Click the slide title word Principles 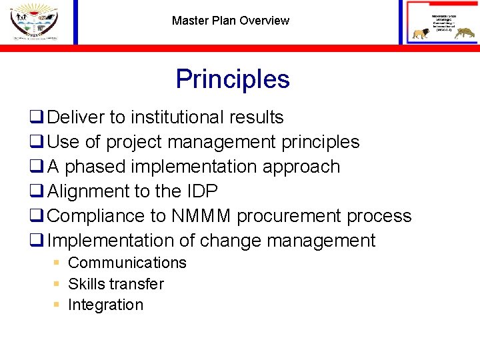click(x=233, y=79)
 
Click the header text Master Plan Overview click(x=231, y=21)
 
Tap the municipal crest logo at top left click(x=34, y=21)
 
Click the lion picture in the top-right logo click(x=420, y=34)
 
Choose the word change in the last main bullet click(x=255, y=241)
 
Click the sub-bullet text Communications click(x=127, y=263)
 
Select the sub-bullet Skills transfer click(x=116, y=284)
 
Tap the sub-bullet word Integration click(x=105, y=305)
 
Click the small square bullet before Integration click(x=57, y=305)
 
